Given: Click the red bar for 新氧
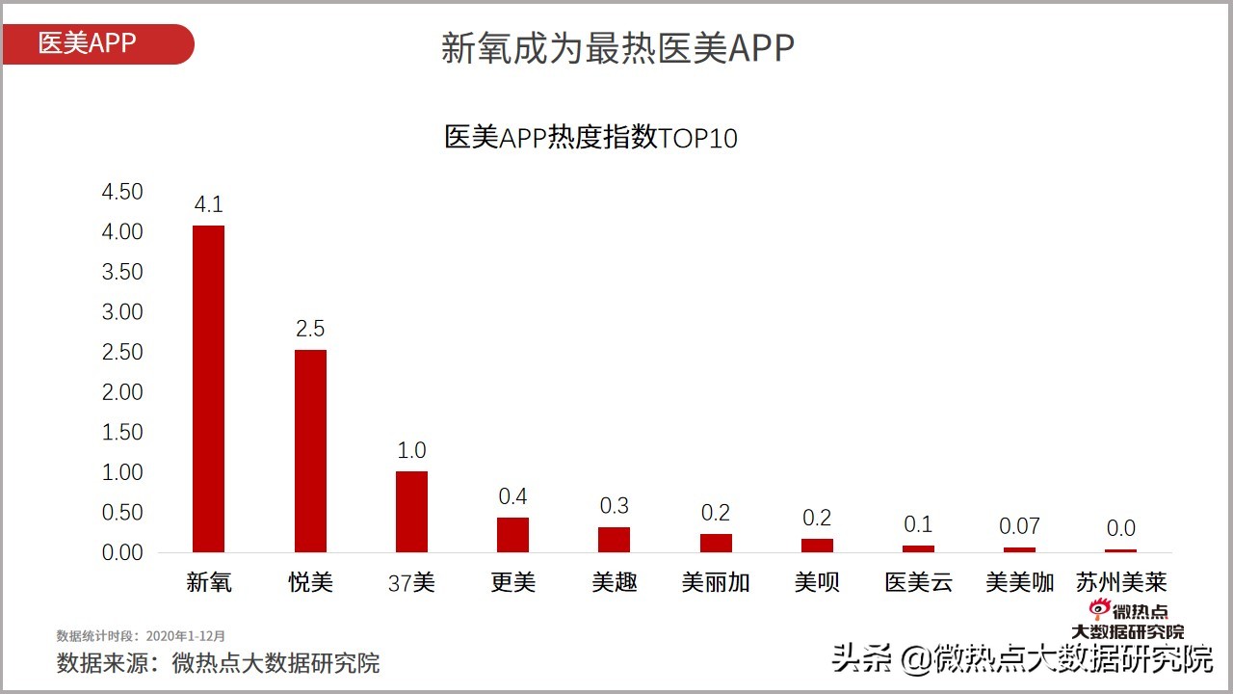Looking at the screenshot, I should [208, 388].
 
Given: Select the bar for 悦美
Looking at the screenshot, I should [310, 451].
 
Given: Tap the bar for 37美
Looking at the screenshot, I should [411, 511].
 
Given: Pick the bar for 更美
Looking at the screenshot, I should [512, 535].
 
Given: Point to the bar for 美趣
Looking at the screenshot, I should [614, 540].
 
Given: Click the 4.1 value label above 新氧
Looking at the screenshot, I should [208, 204].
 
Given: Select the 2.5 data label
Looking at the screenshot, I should [310, 329].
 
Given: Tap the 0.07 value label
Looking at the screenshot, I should [1019, 526].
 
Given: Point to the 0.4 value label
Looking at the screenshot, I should [512, 496].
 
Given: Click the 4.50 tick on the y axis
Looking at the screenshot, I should [122, 192].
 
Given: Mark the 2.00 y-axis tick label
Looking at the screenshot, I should [122, 392].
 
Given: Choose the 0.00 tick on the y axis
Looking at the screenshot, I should [122, 553].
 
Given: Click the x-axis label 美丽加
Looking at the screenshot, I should [716, 582].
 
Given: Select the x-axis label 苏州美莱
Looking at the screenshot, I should [1121, 582].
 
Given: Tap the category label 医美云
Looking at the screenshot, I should [918, 582].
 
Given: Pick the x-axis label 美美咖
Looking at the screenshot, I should [1019, 582].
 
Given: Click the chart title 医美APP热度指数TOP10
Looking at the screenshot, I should [590, 138].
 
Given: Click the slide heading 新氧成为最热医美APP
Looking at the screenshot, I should [617, 48].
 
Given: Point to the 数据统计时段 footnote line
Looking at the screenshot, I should [141, 636].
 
